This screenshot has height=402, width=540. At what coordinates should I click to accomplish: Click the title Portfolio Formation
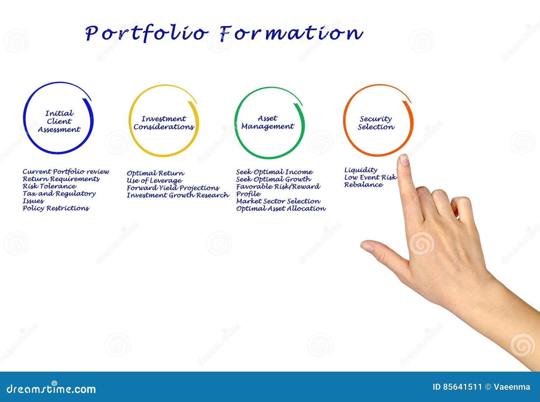pyautogui.click(x=223, y=33)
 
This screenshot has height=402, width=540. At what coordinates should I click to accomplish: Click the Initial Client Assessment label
pyautogui.click(x=59, y=122)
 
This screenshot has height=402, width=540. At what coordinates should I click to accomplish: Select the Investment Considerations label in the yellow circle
pyautogui.click(x=164, y=123)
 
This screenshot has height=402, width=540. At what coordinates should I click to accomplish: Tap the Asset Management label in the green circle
pyautogui.click(x=268, y=122)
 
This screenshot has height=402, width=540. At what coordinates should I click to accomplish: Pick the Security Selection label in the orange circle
pyautogui.click(x=376, y=123)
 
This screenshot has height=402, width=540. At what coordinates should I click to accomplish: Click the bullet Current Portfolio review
pyautogui.click(x=66, y=172)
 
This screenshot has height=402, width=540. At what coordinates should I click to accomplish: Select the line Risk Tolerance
pyautogui.click(x=49, y=186)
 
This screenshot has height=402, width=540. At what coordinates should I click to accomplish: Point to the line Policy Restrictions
pyautogui.click(x=56, y=208)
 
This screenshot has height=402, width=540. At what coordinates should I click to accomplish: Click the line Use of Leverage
pyautogui.click(x=154, y=181)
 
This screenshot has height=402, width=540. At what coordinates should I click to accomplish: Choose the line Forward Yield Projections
pyautogui.click(x=173, y=188)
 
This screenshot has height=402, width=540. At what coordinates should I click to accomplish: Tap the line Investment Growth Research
pyautogui.click(x=178, y=195)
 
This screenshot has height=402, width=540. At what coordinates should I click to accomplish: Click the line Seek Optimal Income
pyautogui.click(x=274, y=172)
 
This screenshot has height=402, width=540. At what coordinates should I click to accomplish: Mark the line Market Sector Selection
pyautogui.click(x=278, y=201)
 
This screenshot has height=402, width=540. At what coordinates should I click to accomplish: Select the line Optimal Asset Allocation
pyautogui.click(x=281, y=209)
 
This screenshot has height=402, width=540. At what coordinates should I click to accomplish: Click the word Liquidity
pyautogui.click(x=360, y=170)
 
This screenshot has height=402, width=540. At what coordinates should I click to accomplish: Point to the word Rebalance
pyautogui.click(x=363, y=185)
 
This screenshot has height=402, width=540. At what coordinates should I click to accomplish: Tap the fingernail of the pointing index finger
pyautogui.click(x=404, y=159)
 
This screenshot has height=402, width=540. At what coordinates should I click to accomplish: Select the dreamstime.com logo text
pyautogui.click(x=51, y=389)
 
